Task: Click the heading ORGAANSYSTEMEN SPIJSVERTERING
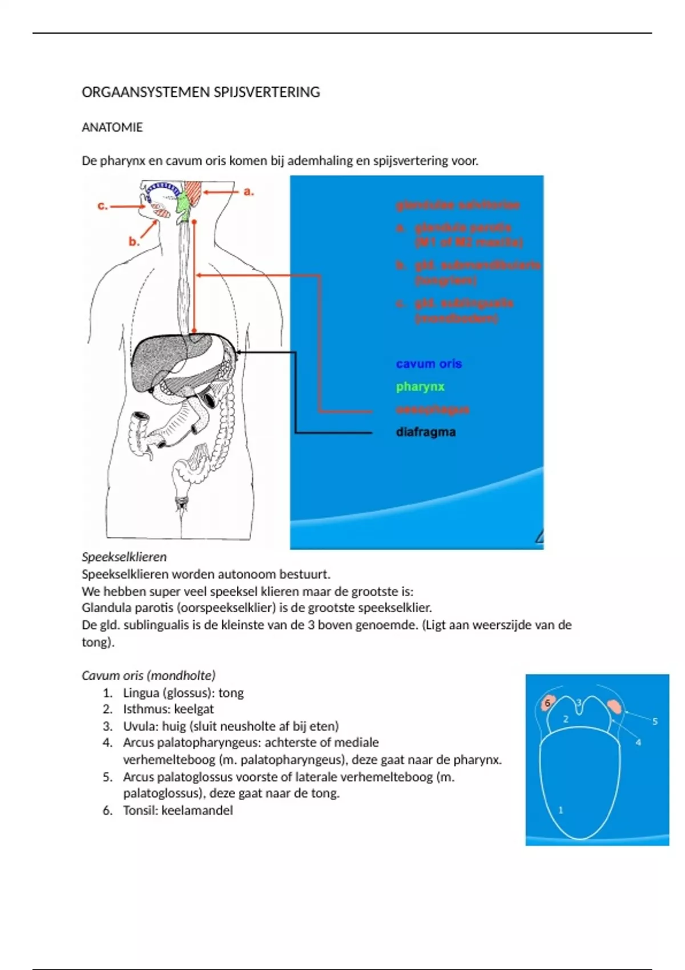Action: click(200, 92)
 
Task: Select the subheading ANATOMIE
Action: click(112, 127)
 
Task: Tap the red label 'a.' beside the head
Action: click(248, 192)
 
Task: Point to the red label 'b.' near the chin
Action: click(134, 241)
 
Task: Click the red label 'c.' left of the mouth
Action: click(103, 206)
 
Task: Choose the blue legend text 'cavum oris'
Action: click(429, 364)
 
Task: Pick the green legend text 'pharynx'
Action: click(420, 387)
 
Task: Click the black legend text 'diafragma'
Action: click(426, 432)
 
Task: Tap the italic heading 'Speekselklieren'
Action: click(124, 557)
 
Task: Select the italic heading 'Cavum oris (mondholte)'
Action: click(148, 676)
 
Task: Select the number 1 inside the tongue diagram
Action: click(561, 810)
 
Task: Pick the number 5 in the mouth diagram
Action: click(655, 721)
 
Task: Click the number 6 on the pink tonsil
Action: click(547, 703)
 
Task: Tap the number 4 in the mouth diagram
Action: click(638, 742)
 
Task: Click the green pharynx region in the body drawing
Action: click(183, 207)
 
